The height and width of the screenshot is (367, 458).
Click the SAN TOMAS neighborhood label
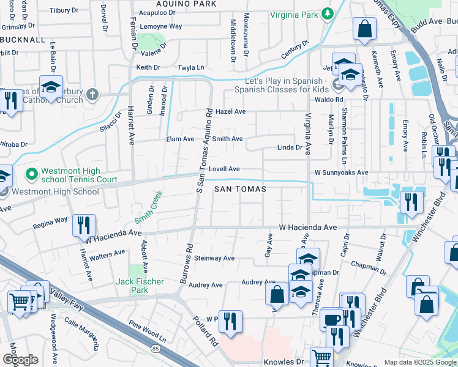coord(240,190)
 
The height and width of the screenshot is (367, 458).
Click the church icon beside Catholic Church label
coord(92,94)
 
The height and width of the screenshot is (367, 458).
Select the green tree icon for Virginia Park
coord(328,13)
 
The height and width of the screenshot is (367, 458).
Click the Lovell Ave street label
coord(223,169)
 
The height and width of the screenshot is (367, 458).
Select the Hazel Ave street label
coord(231,112)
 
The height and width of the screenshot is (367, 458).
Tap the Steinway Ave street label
coord(214,258)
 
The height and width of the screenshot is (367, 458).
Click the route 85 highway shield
coord(155,348)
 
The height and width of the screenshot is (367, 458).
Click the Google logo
coord(20,359)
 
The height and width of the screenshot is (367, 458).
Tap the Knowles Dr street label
coord(283,362)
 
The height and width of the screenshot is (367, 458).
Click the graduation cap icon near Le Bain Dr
coord(51,86)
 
